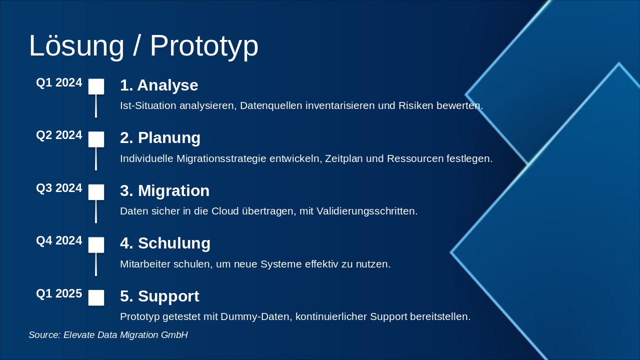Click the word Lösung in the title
[x=76, y=45]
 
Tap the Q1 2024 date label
[x=59, y=82]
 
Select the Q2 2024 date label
[x=59, y=135]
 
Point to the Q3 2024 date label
[x=59, y=188]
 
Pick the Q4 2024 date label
[x=59, y=240]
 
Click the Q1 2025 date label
[x=59, y=293]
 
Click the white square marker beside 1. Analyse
[x=96, y=86]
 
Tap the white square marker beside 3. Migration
[x=96, y=192]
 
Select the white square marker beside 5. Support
[x=96, y=297]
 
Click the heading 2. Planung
[x=160, y=138]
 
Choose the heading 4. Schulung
[x=165, y=243]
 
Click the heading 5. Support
[x=159, y=296]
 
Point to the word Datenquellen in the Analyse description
[x=271, y=105]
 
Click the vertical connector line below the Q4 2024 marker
[x=96, y=264]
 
